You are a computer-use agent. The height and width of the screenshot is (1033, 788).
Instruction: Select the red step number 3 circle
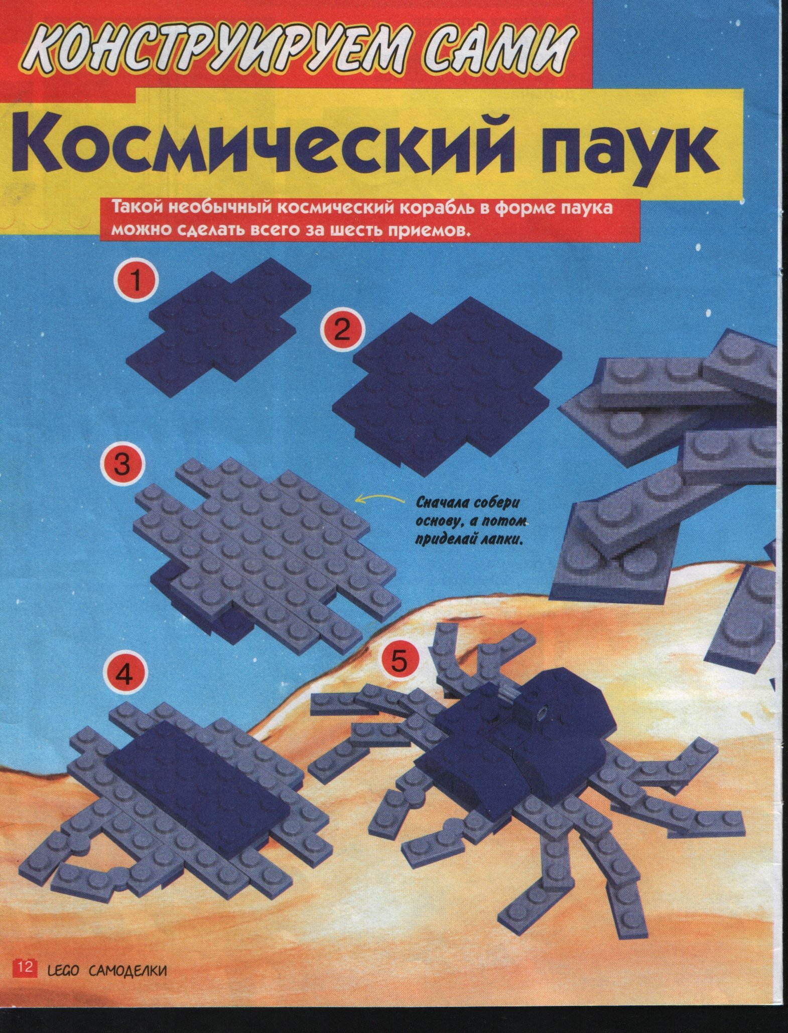coord(122,465)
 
